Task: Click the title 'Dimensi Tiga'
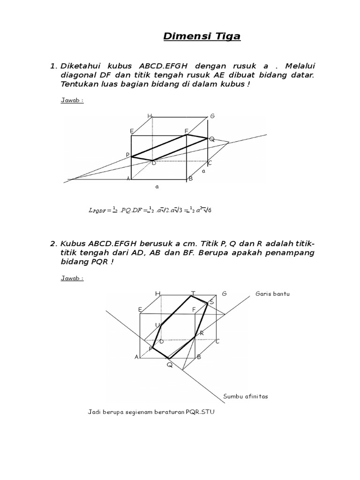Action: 202,37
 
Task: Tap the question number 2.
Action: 53,243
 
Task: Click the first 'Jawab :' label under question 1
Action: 72,100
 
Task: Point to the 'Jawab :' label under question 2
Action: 72,278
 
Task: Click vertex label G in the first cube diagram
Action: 212,116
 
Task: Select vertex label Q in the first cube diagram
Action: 212,139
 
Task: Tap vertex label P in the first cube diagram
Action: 127,155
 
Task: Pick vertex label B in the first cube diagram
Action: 191,179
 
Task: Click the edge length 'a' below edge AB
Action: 157,187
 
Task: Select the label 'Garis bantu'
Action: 273,294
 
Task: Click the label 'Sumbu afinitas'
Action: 246,396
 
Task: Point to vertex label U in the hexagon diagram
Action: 157,325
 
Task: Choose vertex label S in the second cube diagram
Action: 211,301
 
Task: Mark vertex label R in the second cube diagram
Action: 202,333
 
